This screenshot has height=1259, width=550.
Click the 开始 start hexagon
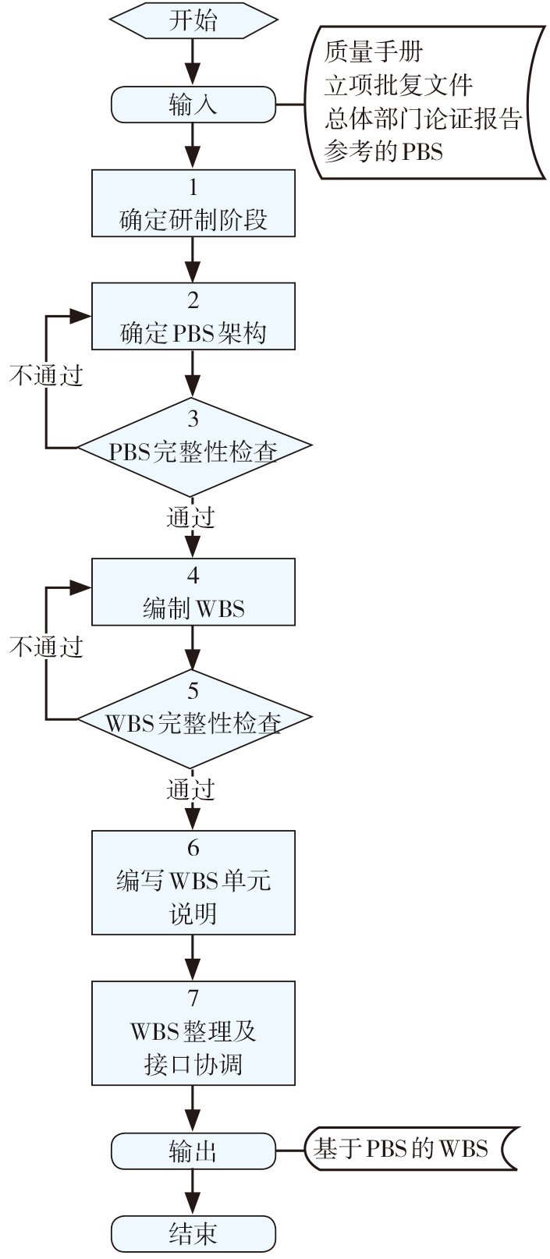pyautogui.click(x=193, y=21)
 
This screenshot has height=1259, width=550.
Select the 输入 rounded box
pyautogui.click(x=193, y=105)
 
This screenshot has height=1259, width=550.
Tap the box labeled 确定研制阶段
pyautogui.click(x=193, y=204)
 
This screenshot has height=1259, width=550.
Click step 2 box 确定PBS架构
pyautogui.click(x=193, y=316)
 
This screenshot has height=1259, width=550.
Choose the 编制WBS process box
pyautogui.click(x=193, y=592)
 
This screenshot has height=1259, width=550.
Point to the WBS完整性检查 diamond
pyautogui.click(x=193, y=719)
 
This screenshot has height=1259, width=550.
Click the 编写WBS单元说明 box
pyautogui.click(x=193, y=882)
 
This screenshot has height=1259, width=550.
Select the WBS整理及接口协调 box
pyautogui.click(x=193, y=1033)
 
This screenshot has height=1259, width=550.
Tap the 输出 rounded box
pyautogui.click(x=193, y=1151)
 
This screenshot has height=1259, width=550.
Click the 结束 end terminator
pyautogui.click(x=193, y=1233)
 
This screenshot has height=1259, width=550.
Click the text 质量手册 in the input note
pyautogui.click(x=374, y=52)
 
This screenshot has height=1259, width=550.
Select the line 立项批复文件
pyautogui.click(x=399, y=84)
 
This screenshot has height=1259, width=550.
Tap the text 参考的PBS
pyautogui.click(x=383, y=151)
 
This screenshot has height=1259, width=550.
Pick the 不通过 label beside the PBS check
pyautogui.click(x=46, y=376)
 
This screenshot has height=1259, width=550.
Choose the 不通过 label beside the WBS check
pyautogui.click(x=46, y=647)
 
